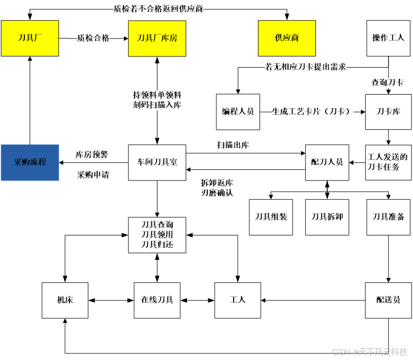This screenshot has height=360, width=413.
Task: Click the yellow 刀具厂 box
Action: click(x=30, y=38)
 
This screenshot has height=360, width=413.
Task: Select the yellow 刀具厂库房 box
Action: click(x=157, y=38)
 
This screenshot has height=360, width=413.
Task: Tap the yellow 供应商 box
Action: click(x=287, y=38)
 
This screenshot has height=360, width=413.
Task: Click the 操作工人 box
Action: click(x=388, y=38)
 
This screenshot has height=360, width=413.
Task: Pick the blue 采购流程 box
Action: click(x=30, y=162)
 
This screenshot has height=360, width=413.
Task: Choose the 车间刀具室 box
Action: click(x=157, y=162)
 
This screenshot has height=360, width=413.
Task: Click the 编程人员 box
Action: click(x=238, y=112)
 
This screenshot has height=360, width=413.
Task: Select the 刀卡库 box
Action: click(x=388, y=112)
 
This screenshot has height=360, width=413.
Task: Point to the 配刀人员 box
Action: click(x=327, y=162)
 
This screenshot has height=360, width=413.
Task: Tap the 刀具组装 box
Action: click(x=271, y=217)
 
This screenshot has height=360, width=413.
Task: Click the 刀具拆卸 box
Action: click(x=327, y=217)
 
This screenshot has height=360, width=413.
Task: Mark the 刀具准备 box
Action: click(x=388, y=217)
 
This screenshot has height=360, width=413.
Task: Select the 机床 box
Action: click(x=65, y=300)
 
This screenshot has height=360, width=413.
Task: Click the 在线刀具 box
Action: click(x=157, y=300)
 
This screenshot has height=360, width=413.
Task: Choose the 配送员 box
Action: click(x=388, y=300)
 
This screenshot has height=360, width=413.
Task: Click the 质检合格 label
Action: click(x=93, y=38)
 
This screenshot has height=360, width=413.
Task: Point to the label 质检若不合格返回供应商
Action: click(x=158, y=9)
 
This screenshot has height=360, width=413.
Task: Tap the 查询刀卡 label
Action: click(x=387, y=82)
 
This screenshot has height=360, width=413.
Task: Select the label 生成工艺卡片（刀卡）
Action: click(x=312, y=112)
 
